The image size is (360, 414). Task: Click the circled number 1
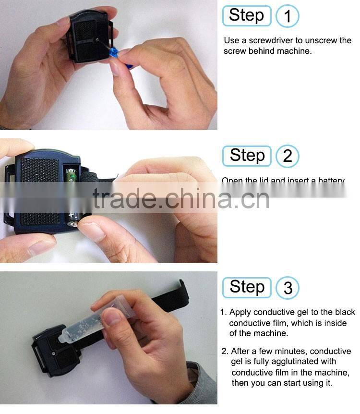288,16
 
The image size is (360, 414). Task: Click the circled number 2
288,156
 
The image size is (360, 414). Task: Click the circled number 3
288,288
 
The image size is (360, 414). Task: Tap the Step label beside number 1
247,16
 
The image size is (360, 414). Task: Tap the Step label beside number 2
247,156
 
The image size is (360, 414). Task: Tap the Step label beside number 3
247,287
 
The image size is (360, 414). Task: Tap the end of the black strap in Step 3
182,291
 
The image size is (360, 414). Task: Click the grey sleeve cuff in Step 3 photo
202,384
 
